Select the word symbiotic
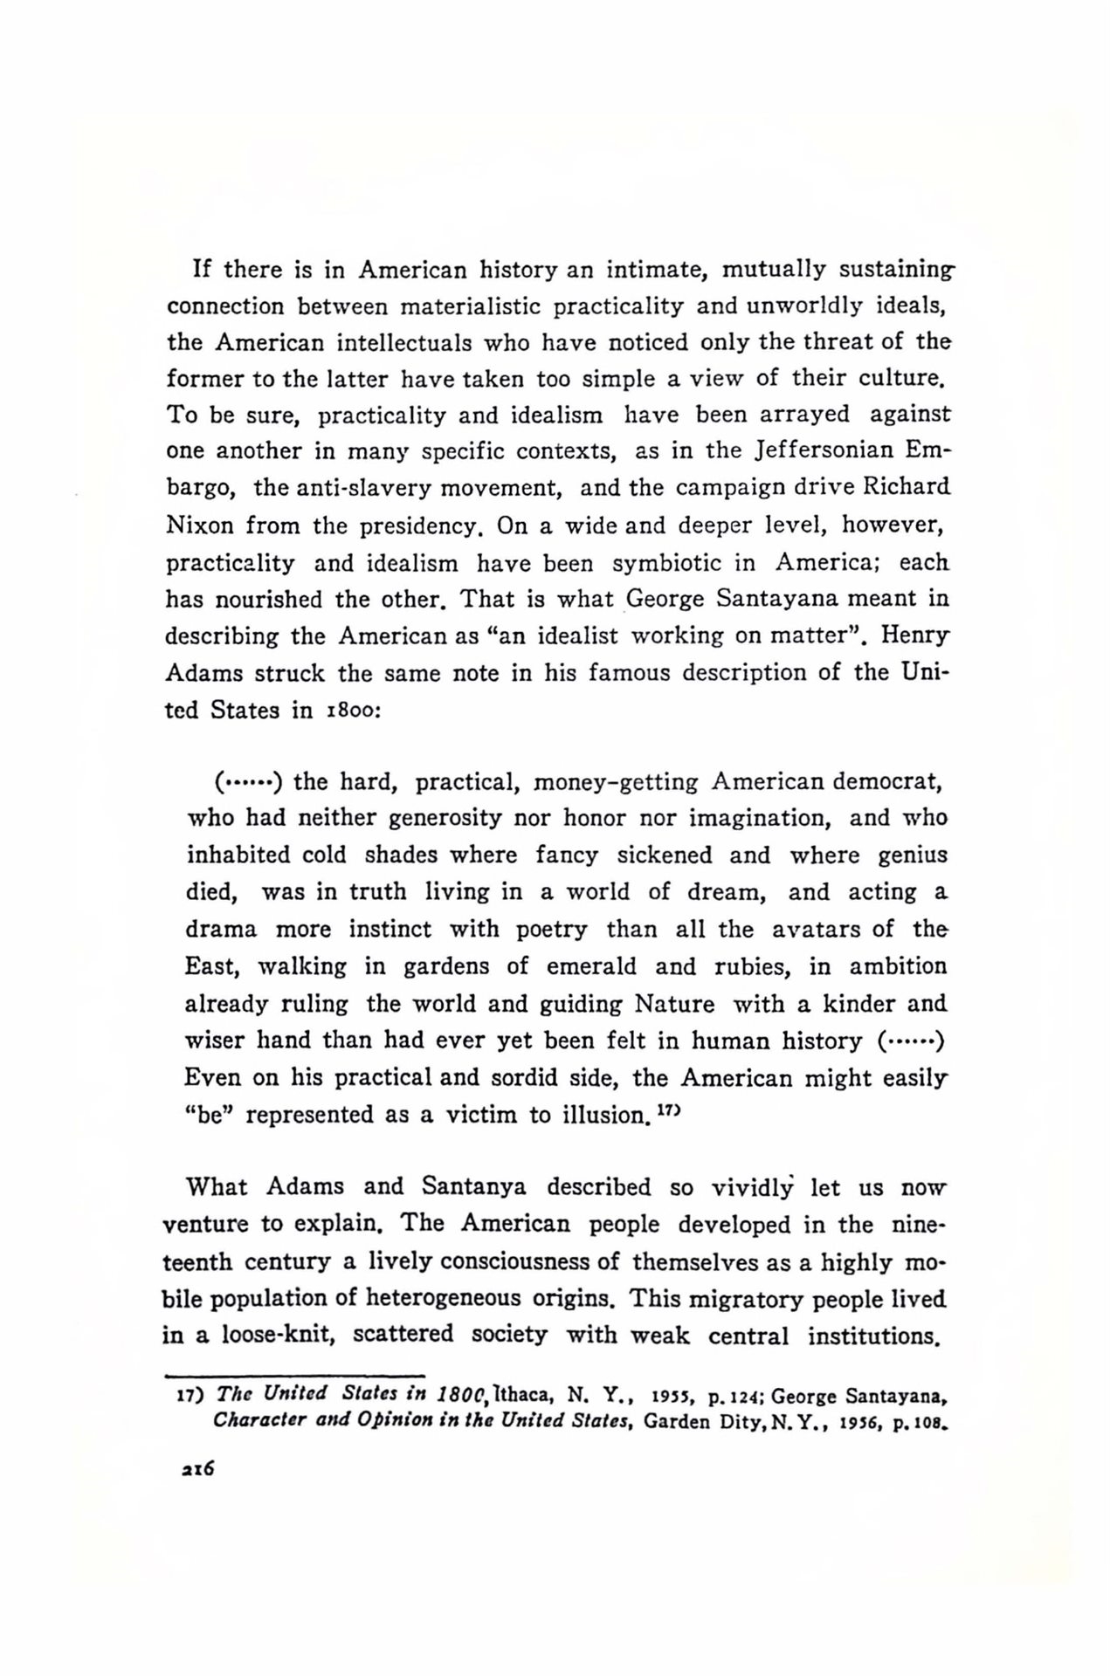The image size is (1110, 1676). pos(667,563)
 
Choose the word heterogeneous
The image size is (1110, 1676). pos(443,1299)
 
